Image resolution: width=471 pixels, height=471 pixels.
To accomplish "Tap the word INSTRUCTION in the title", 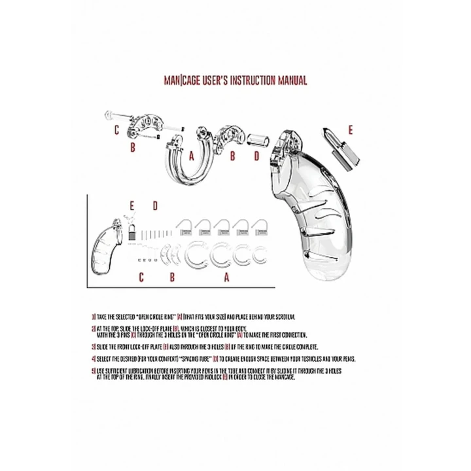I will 241,81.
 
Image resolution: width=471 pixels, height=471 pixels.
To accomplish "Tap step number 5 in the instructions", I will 94,371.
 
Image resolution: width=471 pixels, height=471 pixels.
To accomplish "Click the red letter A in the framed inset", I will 226,277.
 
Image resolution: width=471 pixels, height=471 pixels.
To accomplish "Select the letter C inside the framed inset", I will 140,277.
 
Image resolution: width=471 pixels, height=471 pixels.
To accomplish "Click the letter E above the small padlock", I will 131,206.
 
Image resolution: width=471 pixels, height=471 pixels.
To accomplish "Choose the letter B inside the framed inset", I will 171,277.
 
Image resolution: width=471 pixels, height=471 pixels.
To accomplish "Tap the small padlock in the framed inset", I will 131,230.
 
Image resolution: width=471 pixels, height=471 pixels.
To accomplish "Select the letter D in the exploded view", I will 256,157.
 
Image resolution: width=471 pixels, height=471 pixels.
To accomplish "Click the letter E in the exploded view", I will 349,130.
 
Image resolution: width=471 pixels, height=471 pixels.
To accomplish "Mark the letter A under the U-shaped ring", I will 191,157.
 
